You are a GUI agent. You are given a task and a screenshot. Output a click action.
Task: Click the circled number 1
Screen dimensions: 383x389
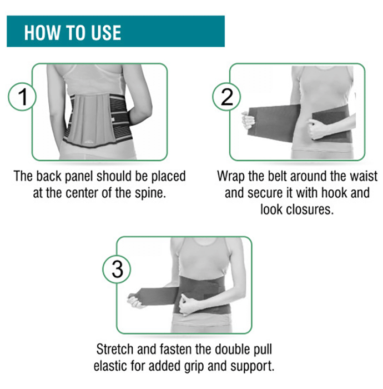click(22, 97)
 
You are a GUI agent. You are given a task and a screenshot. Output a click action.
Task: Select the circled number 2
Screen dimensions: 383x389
click(226, 97)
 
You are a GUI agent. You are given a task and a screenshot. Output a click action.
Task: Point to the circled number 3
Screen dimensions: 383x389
click(117, 270)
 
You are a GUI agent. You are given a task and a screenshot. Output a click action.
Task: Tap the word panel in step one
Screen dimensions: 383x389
click(79, 176)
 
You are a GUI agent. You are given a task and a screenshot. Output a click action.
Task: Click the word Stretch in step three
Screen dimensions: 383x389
click(115, 349)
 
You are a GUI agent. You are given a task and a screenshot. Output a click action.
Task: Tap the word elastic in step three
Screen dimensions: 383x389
click(111, 366)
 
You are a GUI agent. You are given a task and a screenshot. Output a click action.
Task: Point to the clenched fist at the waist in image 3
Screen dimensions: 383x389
click(189, 304)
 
